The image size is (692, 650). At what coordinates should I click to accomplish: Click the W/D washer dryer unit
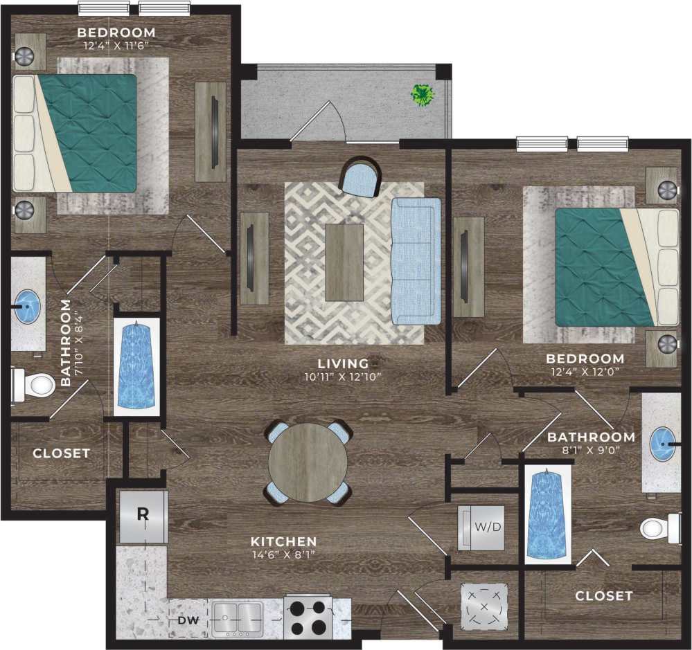pyautogui.click(x=481, y=527)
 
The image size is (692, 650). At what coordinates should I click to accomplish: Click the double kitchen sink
pyautogui.click(x=238, y=617)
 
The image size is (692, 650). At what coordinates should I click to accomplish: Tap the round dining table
pyautogui.click(x=308, y=462)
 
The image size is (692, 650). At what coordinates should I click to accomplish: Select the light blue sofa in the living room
pyautogui.click(x=416, y=261)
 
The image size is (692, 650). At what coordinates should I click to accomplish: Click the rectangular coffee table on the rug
pyautogui.click(x=344, y=262)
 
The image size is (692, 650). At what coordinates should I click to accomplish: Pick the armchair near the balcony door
pyautogui.click(x=360, y=176)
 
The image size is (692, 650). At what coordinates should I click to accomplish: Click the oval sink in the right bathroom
pyautogui.click(x=663, y=442)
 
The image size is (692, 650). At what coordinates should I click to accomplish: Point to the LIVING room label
pyautogui.click(x=343, y=363)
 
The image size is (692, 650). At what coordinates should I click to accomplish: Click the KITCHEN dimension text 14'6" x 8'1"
pyautogui.click(x=284, y=554)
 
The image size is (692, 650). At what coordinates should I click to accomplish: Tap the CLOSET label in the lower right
pyautogui.click(x=603, y=595)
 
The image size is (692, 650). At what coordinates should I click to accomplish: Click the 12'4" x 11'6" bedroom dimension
pyautogui.click(x=116, y=45)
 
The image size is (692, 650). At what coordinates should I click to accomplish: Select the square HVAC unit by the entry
pyautogui.click(x=484, y=606)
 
